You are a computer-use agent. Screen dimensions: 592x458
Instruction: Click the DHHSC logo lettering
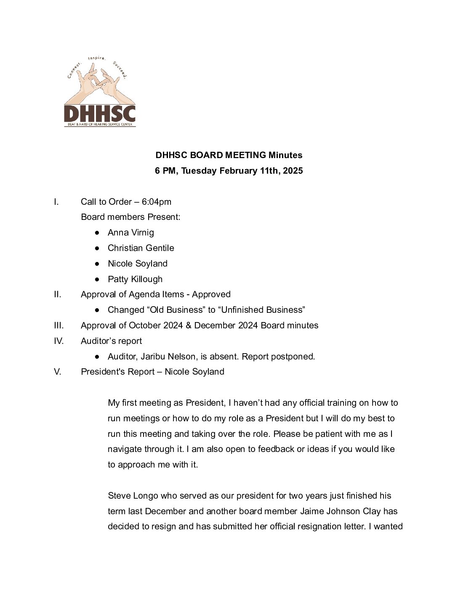(x=100, y=113)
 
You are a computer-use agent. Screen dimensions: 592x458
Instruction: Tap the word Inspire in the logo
(x=96, y=58)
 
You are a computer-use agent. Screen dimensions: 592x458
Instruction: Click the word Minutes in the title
(x=285, y=155)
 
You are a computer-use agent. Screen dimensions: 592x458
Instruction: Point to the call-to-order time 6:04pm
(x=157, y=202)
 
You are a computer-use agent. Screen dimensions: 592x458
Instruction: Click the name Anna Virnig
(x=131, y=233)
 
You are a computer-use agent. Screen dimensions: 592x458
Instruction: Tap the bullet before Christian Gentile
(x=97, y=248)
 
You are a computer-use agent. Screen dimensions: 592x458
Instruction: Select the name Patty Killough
(x=135, y=279)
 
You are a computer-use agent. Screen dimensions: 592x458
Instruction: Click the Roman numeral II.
(x=58, y=294)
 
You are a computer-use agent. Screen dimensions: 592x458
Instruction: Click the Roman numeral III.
(x=59, y=325)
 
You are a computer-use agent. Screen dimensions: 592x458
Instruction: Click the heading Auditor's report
(x=111, y=341)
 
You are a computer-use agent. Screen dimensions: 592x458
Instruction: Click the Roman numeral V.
(x=58, y=372)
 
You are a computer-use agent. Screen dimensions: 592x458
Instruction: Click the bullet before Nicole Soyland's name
(x=97, y=264)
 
